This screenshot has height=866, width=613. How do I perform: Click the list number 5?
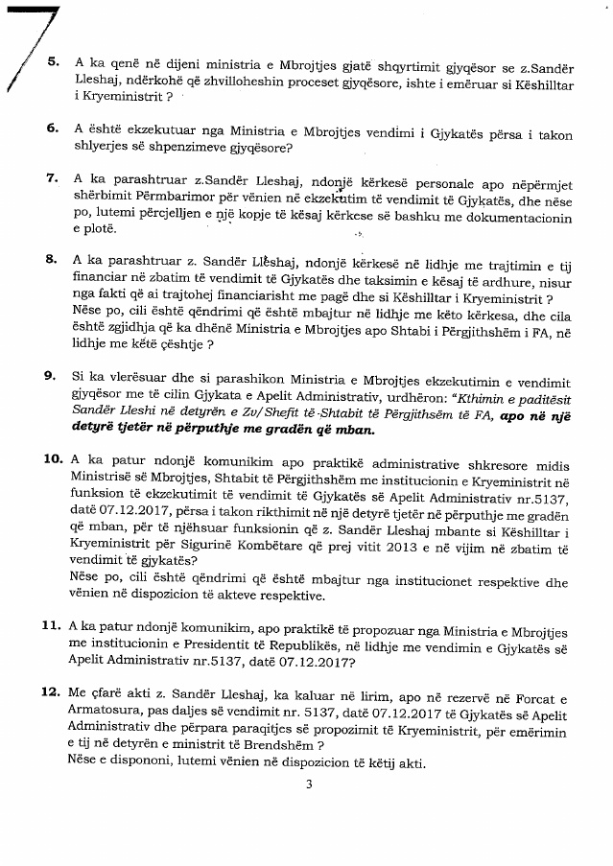(x=52, y=60)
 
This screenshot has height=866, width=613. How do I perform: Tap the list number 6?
(x=52, y=128)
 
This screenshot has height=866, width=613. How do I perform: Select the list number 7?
(x=52, y=178)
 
